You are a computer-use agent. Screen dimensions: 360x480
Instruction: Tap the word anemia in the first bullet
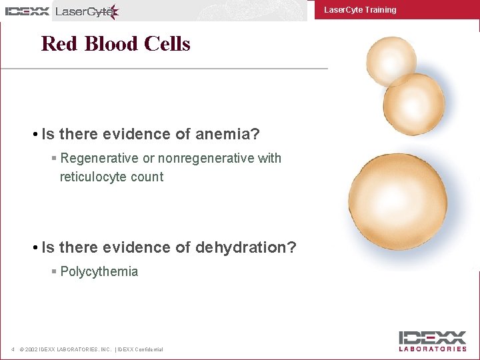click(x=224, y=135)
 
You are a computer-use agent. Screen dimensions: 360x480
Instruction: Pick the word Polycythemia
click(x=99, y=272)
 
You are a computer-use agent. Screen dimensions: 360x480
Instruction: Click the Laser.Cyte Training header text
click(x=359, y=10)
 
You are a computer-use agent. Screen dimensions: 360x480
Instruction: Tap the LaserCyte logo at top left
click(x=87, y=11)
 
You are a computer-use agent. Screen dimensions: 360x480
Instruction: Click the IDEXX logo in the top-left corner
click(x=27, y=11)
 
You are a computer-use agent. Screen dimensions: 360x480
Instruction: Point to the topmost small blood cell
click(x=374, y=60)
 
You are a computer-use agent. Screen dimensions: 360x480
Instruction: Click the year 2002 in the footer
click(x=31, y=350)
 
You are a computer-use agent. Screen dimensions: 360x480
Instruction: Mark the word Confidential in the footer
click(x=150, y=350)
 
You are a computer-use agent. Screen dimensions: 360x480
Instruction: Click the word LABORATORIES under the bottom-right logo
click(x=433, y=349)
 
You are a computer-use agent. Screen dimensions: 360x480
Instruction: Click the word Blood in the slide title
click(x=109, y=44)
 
